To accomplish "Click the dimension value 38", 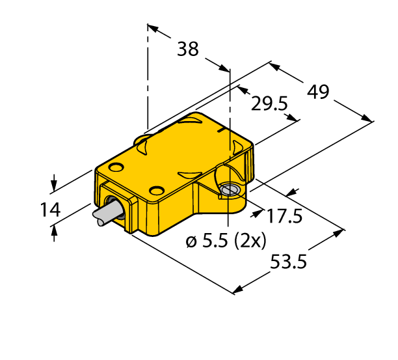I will (188, 49).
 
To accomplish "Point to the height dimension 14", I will (50, 210).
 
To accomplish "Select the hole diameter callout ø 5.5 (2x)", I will (226, 242).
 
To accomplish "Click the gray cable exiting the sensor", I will (106, 215).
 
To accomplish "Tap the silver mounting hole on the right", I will (229, 190).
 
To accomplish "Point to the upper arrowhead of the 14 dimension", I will (54, 186).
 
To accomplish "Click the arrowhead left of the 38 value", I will (152, 28).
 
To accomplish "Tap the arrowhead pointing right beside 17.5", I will (259, 210).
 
